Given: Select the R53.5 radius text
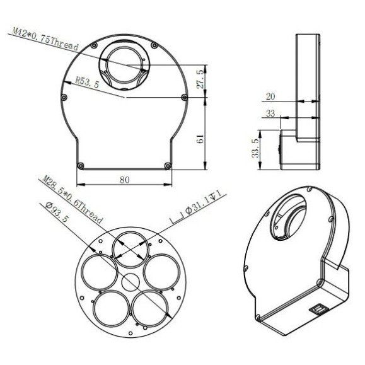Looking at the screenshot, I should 86,82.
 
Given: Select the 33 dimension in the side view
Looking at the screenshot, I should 270,113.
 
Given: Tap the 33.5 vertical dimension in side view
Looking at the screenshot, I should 255,150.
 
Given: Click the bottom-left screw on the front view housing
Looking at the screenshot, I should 80,165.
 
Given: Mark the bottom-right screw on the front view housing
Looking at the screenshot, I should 167,165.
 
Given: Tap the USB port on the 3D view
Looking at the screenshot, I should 318,309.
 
